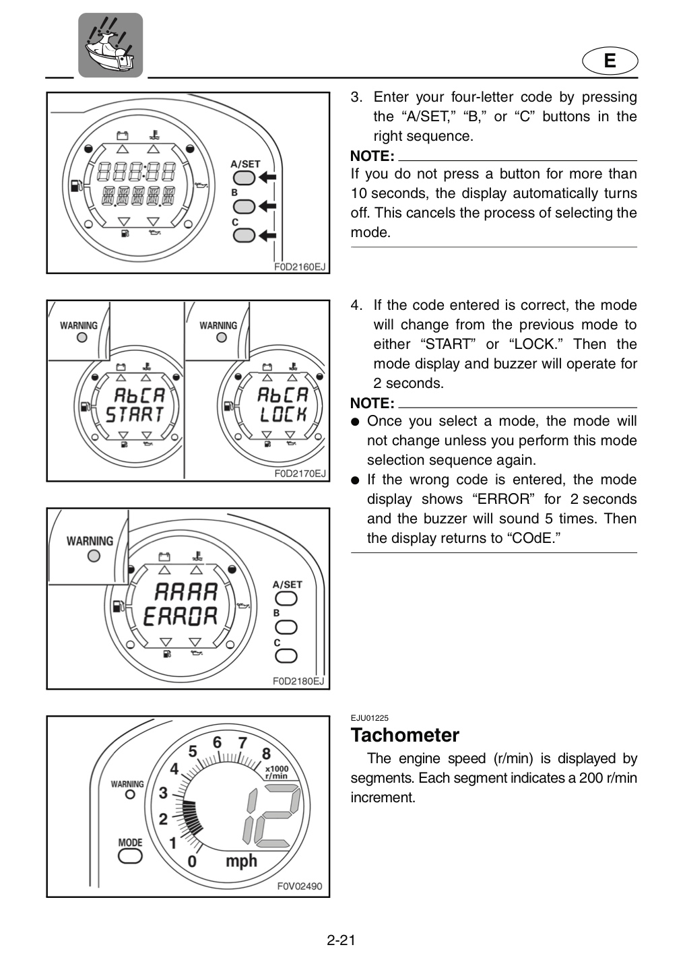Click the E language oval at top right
pyautogui.click(x=610, y=61)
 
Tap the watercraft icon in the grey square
pyautogui.click(x=110, y=45)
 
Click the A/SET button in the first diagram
pyautogui.click(x=245, y=178)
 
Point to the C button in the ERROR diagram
pyautogui.click(x=286, y=656)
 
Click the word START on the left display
pyautogui.click(x=135, y=414)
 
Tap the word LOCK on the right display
pyautogui.click(x=284, y=414)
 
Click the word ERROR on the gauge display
pyautogui.click(x=180, y=616)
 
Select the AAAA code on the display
pyautogui.click(x=186, y=592)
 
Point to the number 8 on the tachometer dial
pyautogui.click(x=266, y=754)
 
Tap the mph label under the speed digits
pyautogui.click(x=241, y=862)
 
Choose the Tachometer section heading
pyautogui.click(x=405, y=736)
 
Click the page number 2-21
pyautogui.click(x=341, y=940)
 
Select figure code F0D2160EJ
pyautogui.click(x=300, y=267)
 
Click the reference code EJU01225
pyautogui.click(x=369, y=718)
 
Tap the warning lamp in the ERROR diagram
pyautogui.click(x=94, y=556)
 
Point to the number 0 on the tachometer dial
pyautogui.click(x=192, y=862)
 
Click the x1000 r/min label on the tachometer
pyautogui.click(x=276, y=773)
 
